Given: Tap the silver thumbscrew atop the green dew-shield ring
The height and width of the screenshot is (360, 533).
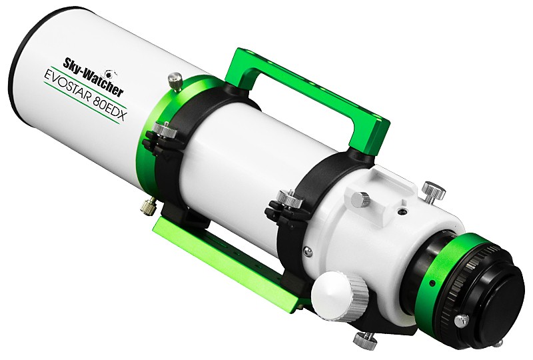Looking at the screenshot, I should coord(175,82).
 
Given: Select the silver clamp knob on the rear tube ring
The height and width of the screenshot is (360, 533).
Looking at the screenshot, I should coord(284,199).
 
